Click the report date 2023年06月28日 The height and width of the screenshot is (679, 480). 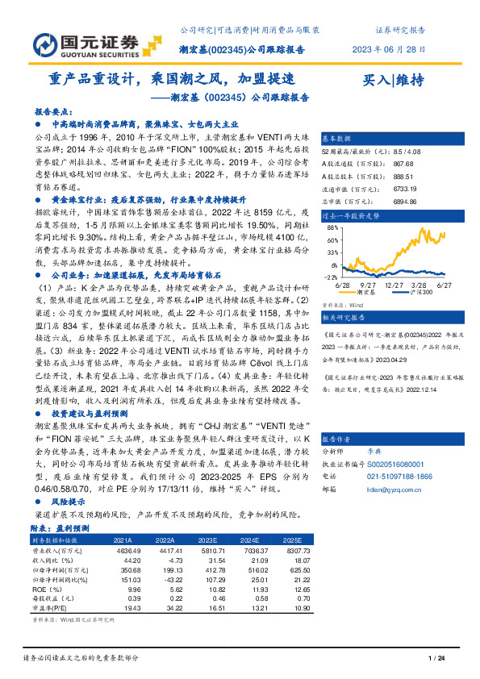point(388,48)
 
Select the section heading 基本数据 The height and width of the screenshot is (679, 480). point(336,137)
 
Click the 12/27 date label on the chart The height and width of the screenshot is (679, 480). point(394,285)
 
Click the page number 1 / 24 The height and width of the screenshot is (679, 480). point(436,660)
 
